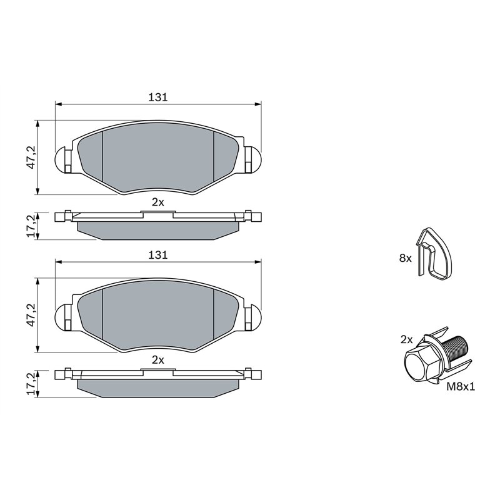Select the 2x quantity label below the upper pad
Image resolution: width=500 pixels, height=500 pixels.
(x=157, y=201)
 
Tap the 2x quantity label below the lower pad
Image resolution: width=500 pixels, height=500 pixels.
(x=157, y=359)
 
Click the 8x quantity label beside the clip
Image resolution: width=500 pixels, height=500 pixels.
(x=405, y=257)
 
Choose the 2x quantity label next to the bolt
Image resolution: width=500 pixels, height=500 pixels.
(x=406, y=339)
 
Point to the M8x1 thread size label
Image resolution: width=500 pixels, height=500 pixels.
(x=461, y=387)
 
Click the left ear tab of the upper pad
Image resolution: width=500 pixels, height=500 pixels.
(x=64, y=159)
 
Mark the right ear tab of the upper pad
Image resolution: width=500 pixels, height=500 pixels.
(x=252, y=159)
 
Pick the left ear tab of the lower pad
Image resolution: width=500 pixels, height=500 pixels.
(x=64, y=317)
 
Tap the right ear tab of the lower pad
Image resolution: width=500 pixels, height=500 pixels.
(x=252, y=317)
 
